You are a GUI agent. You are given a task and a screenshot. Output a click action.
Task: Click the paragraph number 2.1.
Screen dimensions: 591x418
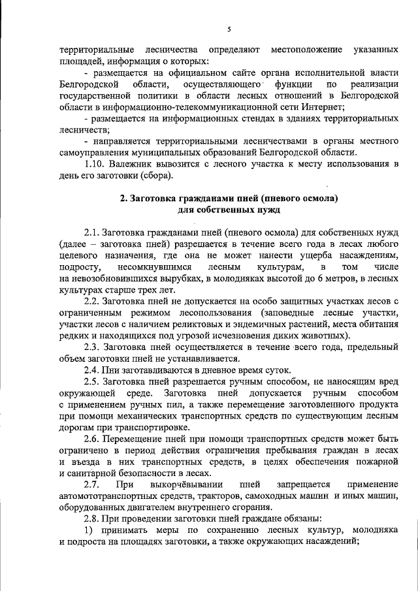tap(93, 233)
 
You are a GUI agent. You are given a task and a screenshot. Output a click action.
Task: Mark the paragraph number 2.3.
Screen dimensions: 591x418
tap(93, 347)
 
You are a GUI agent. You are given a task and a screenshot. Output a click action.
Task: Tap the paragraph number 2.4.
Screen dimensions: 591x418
tap(93, 370)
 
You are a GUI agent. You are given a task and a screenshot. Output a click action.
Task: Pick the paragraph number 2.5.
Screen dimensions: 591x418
tap(93, 382)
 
